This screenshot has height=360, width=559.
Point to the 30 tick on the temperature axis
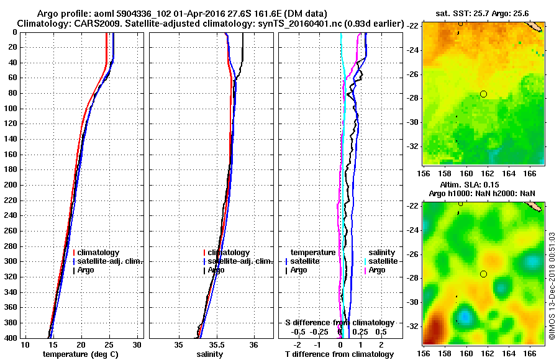tap(137, 345)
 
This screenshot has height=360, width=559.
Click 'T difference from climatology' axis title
tap(339, 354)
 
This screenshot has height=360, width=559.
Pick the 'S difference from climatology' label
tap(339, 323)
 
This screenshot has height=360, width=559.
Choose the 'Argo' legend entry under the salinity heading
tap(378, 270)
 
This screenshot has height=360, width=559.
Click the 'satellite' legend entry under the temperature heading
tap(307, 261)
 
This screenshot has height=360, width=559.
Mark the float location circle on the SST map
tap(483, 94)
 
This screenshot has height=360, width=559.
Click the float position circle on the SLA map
tap(483, 274)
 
